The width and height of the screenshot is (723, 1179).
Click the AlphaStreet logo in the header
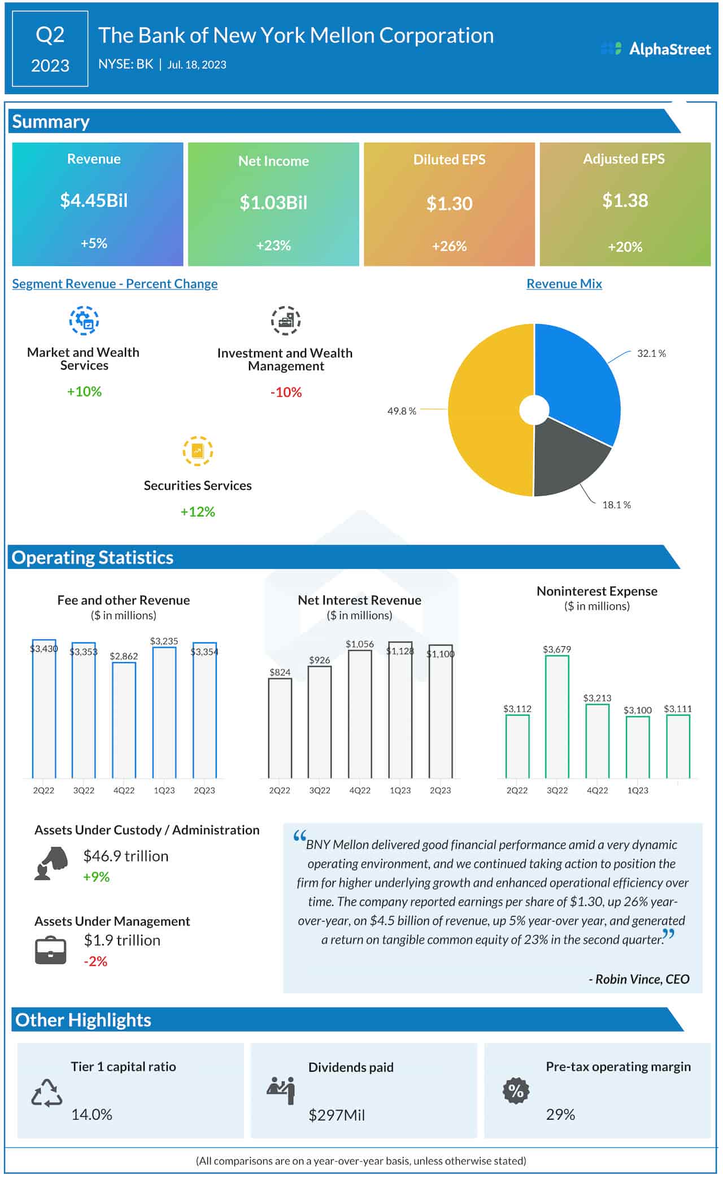click(x=656, y=49)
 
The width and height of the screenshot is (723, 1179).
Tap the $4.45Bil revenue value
click(x=94, y=200)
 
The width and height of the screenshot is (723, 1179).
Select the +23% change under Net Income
click(x=273, y=246)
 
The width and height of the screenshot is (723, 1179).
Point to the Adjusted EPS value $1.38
click(x=625, y=200)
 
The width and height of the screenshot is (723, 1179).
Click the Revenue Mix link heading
click(x=564, y=284)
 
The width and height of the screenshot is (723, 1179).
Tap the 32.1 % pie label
click(x=651, y=353)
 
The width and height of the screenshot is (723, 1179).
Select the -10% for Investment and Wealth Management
click(x=286, y=392)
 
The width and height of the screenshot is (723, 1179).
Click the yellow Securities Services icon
click(x=198, y=451)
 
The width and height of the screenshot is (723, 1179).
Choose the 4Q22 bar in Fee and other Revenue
click(x=124, y=720)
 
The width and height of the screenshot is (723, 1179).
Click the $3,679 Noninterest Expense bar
click(x=557, y=717)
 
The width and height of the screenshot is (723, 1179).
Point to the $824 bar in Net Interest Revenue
click(x=280, y=728)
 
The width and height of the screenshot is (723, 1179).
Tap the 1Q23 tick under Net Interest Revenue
click(x=400, y=790)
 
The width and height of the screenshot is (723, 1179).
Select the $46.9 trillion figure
click(x=126, y=856)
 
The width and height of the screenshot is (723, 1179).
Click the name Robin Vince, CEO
click(x=639, y=979)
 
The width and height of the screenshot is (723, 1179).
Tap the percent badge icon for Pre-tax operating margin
click(x=516, y=1090)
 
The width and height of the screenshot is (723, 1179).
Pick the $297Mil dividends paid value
click(x=337, y=1115)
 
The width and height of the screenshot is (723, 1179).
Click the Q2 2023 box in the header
click(x=50, y=50)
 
